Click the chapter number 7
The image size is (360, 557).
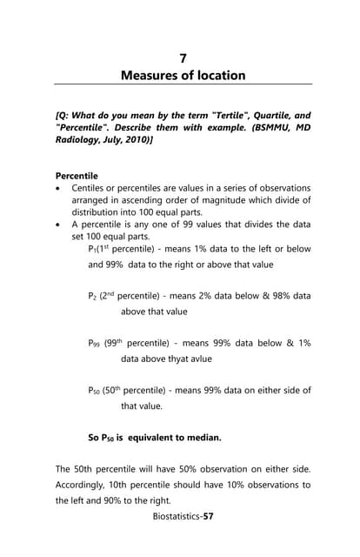click(x=183, y=58)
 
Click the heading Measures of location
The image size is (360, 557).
click(x=183, y=76)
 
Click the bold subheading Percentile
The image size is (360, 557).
click(x=77, y=175)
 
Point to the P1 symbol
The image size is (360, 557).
click(x=93, y=249)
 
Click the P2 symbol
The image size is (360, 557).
click(x=93, y=296)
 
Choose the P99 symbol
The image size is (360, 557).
click(x=95, y=343)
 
